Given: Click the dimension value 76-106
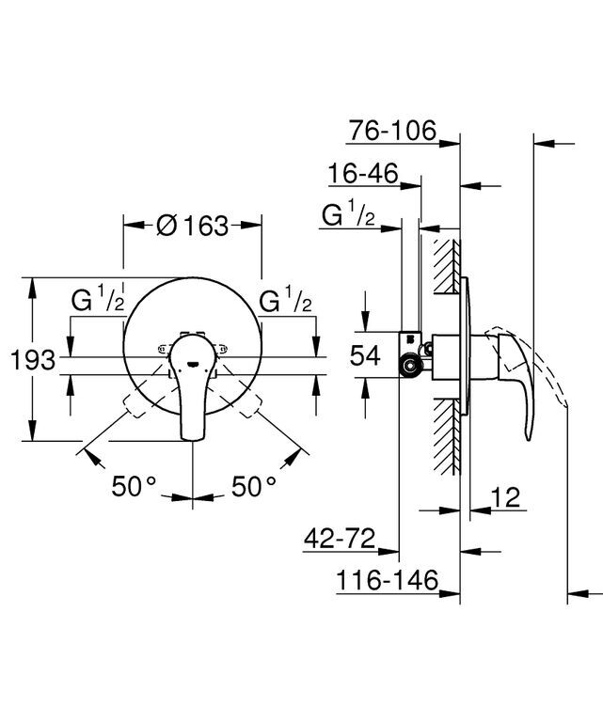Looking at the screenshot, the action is [x=392, y=130].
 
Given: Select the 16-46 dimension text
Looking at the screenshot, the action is [x=363, y=174].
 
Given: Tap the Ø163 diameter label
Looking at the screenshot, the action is [x=193, y=226].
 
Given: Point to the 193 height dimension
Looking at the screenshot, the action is [x=33, y=360].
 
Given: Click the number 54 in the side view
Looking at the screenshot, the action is [x=365, y=355].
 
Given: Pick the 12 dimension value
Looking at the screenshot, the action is [x=505, y=496].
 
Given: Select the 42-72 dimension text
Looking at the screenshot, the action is [x=340, y=538].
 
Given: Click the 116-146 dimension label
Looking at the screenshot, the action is [x=387, y=579].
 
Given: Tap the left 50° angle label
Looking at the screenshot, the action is [x=134, y=486].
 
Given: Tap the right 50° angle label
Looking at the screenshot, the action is [x=254, y=486].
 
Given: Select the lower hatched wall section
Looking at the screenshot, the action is [x=447, y=436].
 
